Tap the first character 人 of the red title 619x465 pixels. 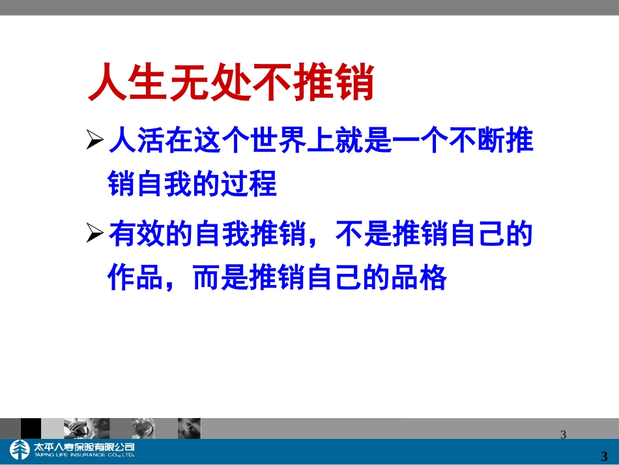[108, 83]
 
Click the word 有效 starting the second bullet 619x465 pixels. [136, 233]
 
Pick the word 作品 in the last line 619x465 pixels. [136, 278]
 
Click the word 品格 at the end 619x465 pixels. [419, 278]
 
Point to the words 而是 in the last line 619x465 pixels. [222, 278]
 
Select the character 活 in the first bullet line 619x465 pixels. [151, 141]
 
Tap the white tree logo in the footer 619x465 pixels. [19, 450]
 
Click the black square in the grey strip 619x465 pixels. [31, 428]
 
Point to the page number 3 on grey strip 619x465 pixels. [564, 434]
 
